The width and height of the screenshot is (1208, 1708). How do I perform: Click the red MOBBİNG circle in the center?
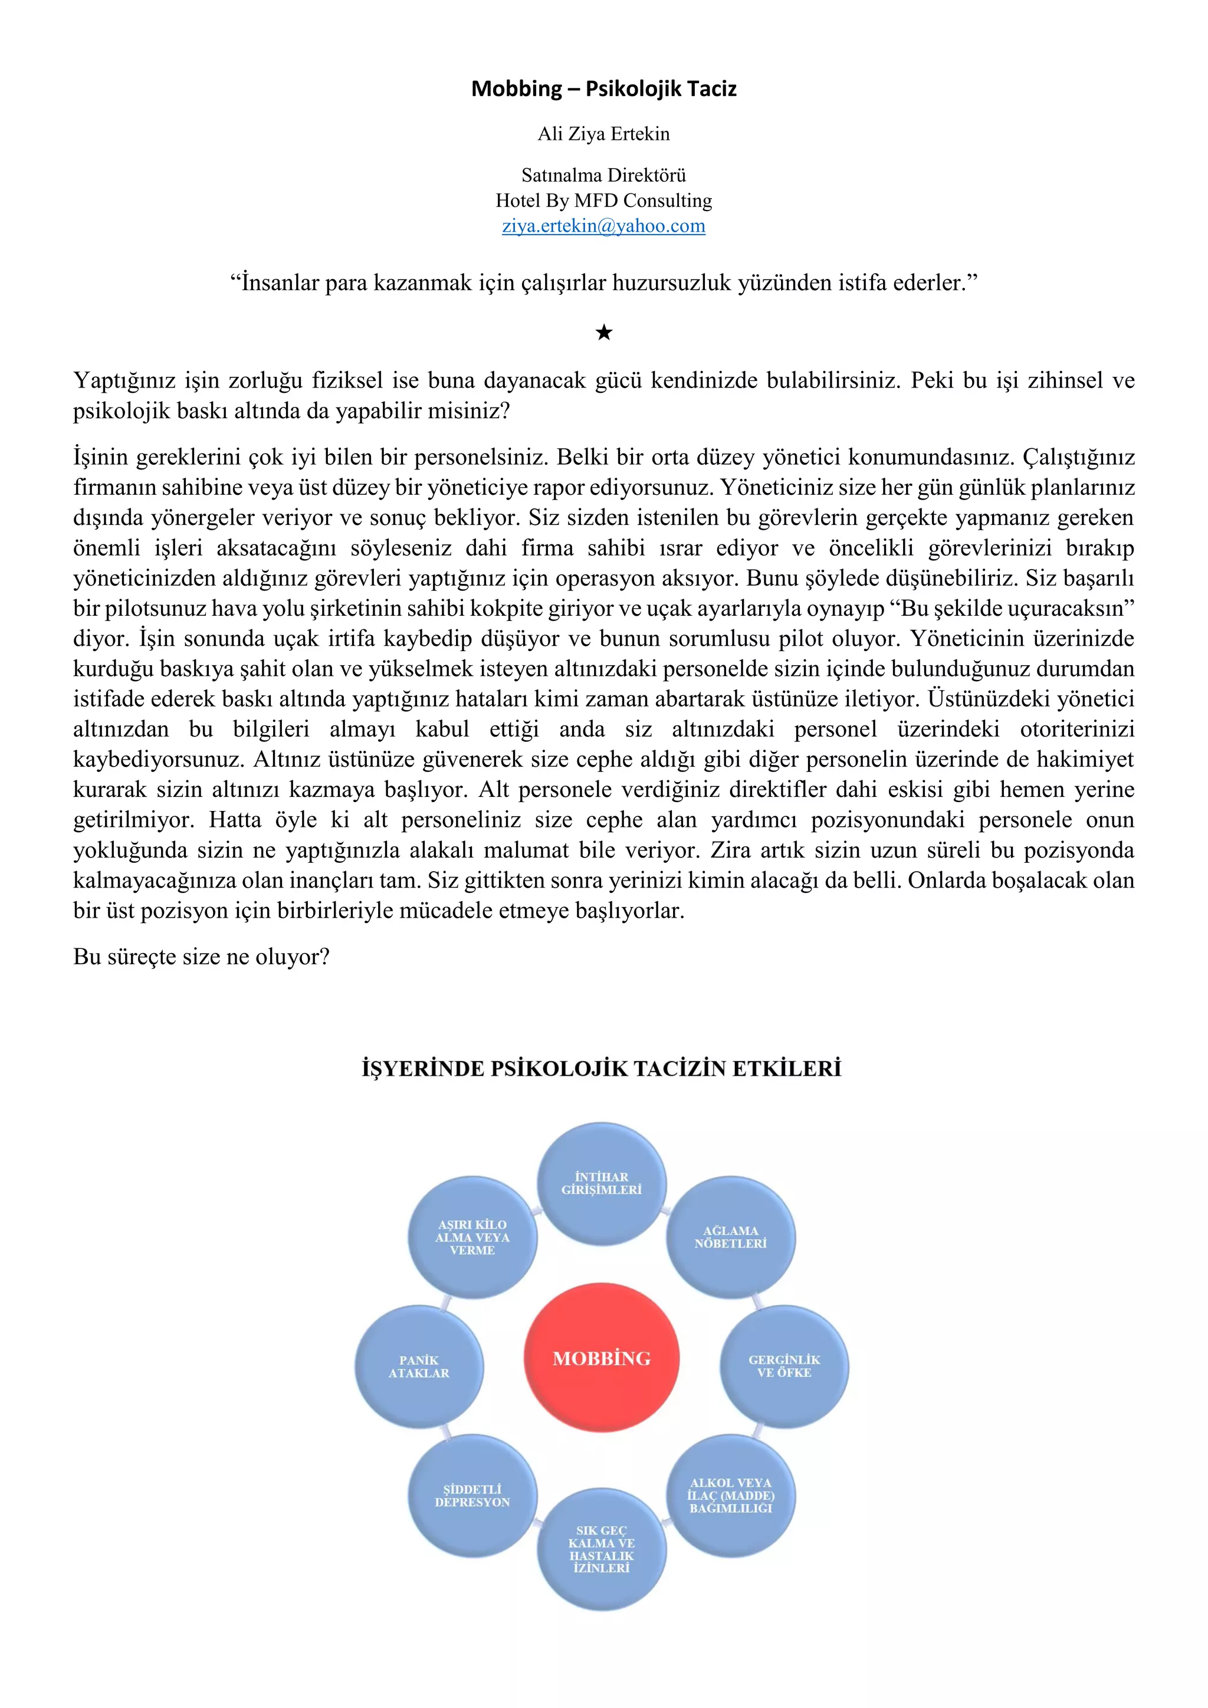[602, 1358]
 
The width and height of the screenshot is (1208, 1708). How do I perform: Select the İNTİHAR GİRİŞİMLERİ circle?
[602, 1184]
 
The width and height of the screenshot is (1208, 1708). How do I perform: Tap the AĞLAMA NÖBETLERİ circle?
[730, 1237]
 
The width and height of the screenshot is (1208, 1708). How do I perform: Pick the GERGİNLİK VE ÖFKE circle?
[784, 1366]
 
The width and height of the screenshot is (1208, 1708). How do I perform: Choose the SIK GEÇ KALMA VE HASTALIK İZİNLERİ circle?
[602, 1549]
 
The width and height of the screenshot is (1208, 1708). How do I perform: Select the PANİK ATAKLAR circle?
[419, 1366]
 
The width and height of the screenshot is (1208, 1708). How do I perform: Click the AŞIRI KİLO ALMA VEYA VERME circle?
[472, 1237]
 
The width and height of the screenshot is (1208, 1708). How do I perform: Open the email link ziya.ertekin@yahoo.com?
[603, 226]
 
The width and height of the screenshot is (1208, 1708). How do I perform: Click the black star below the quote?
[604, 333]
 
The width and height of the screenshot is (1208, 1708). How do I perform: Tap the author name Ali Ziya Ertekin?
[603, 134]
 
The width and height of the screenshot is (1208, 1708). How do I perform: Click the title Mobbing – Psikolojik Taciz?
[603, 88]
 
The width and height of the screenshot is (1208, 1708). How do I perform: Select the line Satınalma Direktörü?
[603, 176]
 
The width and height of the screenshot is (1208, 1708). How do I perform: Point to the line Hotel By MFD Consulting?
[603, 201]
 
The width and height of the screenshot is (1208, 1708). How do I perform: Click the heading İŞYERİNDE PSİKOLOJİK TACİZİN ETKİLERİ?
[601, 1069]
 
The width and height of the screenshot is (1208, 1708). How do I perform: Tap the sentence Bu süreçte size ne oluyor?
[201, 957]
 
